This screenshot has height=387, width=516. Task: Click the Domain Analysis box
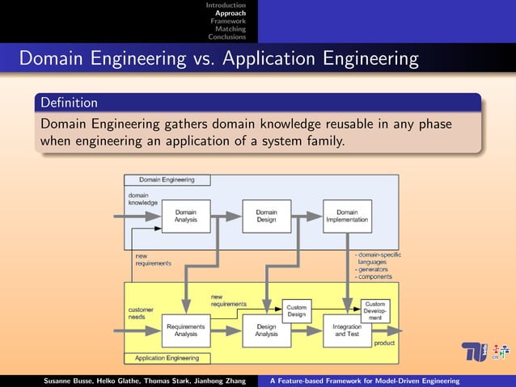click(186, 216)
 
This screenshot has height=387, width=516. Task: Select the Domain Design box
click(267, 216)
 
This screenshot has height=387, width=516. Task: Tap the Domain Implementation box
click(347, 216)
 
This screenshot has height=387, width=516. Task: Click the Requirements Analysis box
click(186, 330)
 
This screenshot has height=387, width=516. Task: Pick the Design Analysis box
click(267, 330)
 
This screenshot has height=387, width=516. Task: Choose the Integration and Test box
click(347, 330)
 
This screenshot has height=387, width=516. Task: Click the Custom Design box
click(297, 310)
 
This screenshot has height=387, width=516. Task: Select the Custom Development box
click(375, 310)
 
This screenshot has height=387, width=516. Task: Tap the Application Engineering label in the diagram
click(167, 356)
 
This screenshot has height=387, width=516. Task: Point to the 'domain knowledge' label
click(143, 199)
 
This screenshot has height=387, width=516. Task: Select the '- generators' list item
click(374, 269)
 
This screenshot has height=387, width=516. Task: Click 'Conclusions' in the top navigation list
click(226, 36)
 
